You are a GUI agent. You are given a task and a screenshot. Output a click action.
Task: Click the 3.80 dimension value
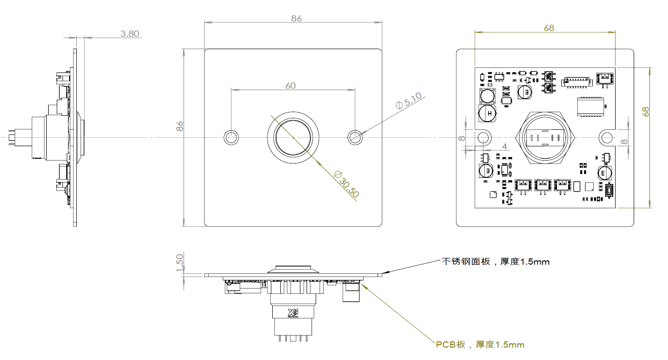point(130,34)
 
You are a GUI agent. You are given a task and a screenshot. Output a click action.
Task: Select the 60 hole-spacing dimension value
point(290,86)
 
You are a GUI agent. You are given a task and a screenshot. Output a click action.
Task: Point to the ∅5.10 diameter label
point(410,102)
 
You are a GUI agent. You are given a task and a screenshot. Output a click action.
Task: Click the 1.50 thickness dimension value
point(180,263)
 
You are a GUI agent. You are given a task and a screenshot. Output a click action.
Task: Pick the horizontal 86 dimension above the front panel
point(297,19)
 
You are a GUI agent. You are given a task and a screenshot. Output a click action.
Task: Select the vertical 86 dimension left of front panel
point(180,126)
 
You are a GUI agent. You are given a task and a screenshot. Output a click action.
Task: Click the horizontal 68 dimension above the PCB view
point(549,28)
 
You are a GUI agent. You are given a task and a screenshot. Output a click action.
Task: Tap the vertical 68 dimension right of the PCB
point(646,112)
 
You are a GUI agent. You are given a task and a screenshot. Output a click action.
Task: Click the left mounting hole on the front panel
point(231,138)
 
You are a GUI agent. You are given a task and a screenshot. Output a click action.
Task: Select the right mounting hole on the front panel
point(355,138)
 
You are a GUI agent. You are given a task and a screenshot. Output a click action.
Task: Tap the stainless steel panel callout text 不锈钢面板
point(496,262)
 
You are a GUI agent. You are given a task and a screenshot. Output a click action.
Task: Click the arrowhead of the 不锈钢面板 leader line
point(386,273)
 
